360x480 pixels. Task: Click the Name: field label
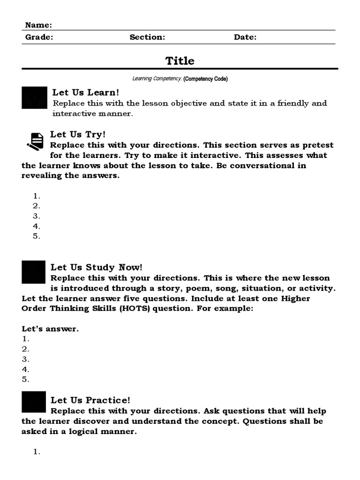38,25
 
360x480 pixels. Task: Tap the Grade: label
39,37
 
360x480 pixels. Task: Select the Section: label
147,37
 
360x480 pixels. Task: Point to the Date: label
245,37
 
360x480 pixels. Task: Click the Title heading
180,61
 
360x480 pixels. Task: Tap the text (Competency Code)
206,79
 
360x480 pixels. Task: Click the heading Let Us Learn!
86,93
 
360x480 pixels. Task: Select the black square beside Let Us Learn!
34,97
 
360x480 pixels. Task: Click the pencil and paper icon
35,141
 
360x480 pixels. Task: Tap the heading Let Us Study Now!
96,267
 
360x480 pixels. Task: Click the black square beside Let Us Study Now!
34,272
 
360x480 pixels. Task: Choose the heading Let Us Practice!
90,400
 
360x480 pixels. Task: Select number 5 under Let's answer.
25,379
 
